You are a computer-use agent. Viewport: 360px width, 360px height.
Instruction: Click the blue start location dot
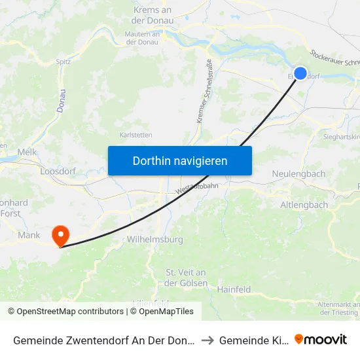pos(300,73)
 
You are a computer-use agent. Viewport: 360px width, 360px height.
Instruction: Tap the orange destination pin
pos(60,235)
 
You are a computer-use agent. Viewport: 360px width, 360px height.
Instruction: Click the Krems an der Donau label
pos(153,15)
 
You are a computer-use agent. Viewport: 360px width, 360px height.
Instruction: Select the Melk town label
pos(27,151)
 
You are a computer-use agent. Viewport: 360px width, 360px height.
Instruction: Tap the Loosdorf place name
pos(59,171)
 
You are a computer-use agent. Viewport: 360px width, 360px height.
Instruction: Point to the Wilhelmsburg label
pos(155,240)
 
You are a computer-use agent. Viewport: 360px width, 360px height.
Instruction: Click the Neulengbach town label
pos(298,174)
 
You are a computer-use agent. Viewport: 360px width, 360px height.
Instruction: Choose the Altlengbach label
pos(304,205)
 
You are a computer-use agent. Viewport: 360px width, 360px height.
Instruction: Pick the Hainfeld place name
pos(234,289)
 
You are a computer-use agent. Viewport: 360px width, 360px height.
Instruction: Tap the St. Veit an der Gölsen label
pos(186,278)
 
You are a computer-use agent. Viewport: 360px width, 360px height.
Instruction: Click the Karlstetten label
pos(136,135)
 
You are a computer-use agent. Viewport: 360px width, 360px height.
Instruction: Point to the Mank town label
pos(29,235)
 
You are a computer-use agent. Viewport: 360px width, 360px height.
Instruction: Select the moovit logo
pos(321,340)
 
